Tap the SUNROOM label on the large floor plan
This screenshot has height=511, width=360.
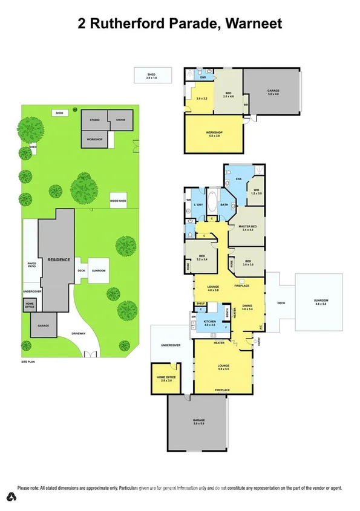tap(319, 301)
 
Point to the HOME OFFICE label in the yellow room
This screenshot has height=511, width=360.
tap(164, 378)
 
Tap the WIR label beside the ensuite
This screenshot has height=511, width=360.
tap(257, 192)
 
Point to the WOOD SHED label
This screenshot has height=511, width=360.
tap(118, 200)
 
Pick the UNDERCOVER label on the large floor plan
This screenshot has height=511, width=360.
tap(171, 345)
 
